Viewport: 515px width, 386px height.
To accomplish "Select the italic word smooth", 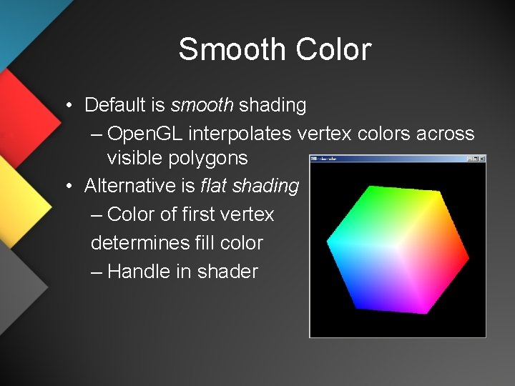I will [202, 105].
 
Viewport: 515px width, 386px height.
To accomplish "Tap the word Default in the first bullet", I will [115, 105].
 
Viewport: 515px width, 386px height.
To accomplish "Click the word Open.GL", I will [145, 134].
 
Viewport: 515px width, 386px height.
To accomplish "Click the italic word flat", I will [213, 186].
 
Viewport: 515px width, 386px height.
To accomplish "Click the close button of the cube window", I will [482, 159].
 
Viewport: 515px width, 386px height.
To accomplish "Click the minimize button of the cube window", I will [469, 159].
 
